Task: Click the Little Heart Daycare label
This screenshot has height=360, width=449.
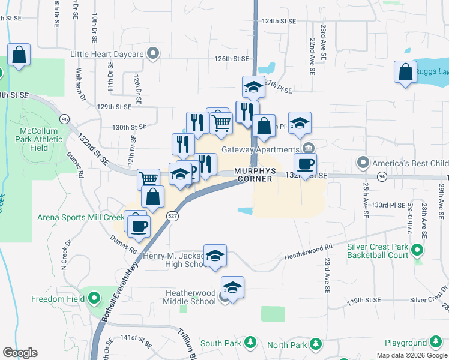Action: click(x=107, y=55)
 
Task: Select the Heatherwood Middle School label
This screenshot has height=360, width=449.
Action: click(x=191, y=297)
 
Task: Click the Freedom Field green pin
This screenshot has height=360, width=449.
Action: click(x=93, y=298)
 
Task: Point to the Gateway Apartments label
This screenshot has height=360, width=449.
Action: click(x=260, y=149)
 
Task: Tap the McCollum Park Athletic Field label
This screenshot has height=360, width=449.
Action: click(x=41, y=139)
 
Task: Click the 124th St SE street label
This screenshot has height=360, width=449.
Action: click(x=279, y=21)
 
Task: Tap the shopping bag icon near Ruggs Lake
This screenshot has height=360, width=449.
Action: click(x=405, y=72)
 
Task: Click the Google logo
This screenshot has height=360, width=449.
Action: click(x=20, y=353)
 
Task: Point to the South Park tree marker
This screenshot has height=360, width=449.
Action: click(x=250, y=343)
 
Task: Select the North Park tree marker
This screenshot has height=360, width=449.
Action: click(x=314, y=344)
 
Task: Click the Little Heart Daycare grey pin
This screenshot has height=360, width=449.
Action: click(x=153, y=54)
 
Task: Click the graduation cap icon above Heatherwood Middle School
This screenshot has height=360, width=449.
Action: click(x=232, y=287)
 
